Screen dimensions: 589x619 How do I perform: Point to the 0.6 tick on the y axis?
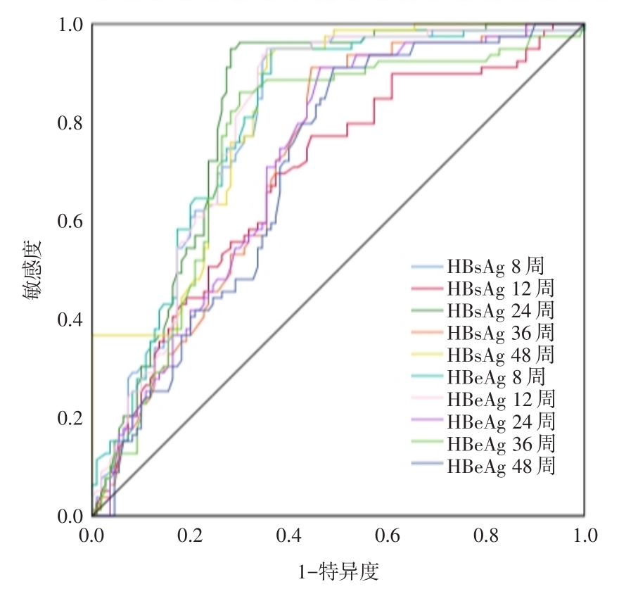pos(70,221)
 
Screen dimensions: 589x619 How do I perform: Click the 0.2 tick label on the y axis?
pos(70,418)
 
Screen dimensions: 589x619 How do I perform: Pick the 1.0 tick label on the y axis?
pos(70,25)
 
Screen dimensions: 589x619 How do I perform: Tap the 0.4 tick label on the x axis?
pos(289,536)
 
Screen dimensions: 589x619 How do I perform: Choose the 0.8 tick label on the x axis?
pos(486,536)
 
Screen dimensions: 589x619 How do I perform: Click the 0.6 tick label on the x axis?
pos(388,536)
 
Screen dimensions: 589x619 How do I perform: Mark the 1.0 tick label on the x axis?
pos(584,536)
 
